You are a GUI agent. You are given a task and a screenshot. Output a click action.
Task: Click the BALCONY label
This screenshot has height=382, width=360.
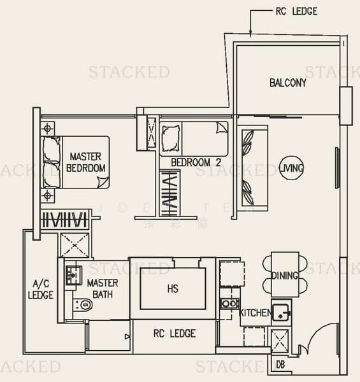pyautogui.click(x=287, y=83)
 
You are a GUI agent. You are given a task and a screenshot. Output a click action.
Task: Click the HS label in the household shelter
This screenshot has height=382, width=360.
pyautogui.click(x=172, y=288)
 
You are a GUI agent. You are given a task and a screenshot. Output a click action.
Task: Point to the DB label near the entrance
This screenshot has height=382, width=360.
pyautogui.click(x=280, y=365)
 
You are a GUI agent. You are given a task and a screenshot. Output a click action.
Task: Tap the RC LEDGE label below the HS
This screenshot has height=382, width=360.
pyautogui.click(x=175, y=334)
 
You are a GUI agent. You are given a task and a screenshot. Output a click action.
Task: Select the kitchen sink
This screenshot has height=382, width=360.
pyautogui.click(x=280, y=312)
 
